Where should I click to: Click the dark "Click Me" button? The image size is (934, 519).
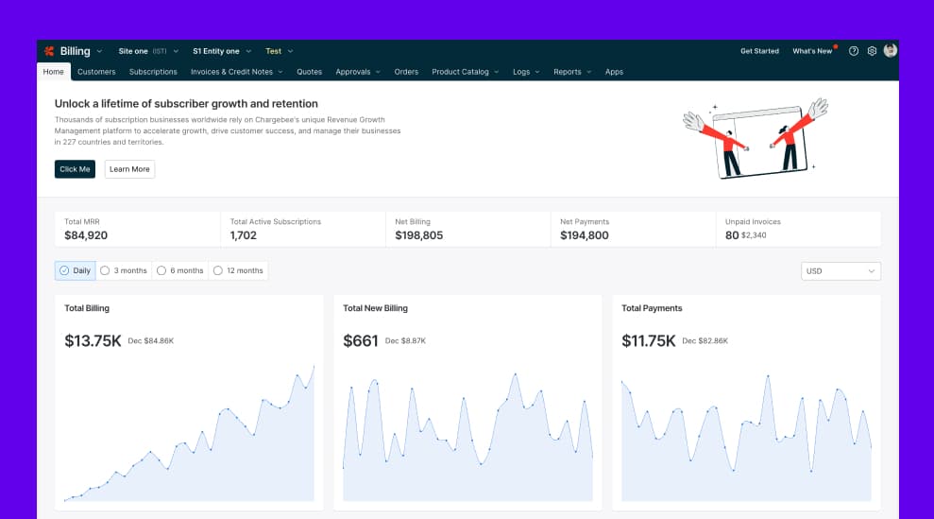pyautogui.click(x=75, y=169)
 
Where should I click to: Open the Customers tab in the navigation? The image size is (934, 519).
pyautogui.click(x=96, y=72)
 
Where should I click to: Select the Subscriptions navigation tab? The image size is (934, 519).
pyautogui.click(x=153, y=72)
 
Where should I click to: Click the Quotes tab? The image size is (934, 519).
pyautogui.click(x=309, y=72)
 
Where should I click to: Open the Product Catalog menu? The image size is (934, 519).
pyautogui.click(x=465, y=72)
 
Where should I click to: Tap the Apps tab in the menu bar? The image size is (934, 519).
pyautogui.click(x=614, y=72)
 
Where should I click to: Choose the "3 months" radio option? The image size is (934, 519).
pyautogui.click(x=124, y=270)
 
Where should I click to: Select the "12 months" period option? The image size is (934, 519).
pyautogui.click(x=238, y=270)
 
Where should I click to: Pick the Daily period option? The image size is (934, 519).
pyautogui.click(x=76, y=270)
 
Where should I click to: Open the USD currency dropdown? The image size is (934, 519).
pyautogui.click(x=841, y=271)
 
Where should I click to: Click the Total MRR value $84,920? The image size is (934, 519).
pyautogui.click(x=86, y=235)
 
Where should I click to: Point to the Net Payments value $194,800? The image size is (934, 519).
pyautogui.click(x=584, y=235)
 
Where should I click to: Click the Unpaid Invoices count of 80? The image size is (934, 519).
pyautogui.click(x=732, y=235)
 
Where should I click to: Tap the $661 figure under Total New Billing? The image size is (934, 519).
pyautogui.click(x=360, y=340)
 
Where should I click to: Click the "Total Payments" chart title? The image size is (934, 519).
pyautogui.click(x=652, y=308)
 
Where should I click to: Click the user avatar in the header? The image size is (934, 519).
pyautogui.click(x=890, y=51)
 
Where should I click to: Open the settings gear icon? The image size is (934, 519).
pyautogui.click(x=872, y=51)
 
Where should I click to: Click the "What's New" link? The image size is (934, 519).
pyautogui.click(x=812, y=51)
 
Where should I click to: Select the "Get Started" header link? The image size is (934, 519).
pyautogui.click(x=759, y=51)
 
